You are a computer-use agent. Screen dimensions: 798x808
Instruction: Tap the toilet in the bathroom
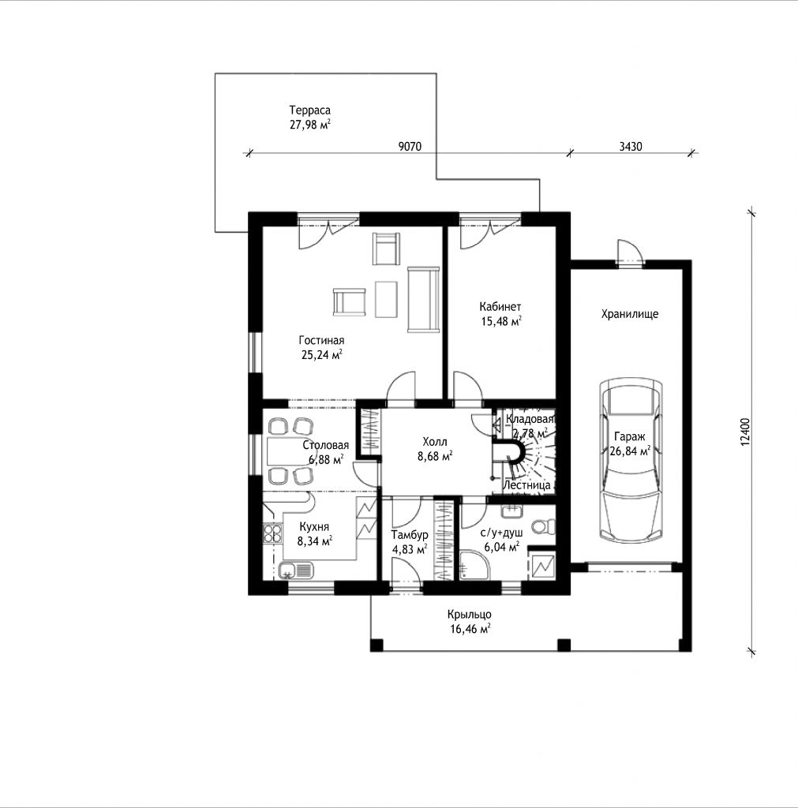tap(544, 526)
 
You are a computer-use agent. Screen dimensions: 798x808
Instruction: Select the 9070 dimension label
tap(410, 146)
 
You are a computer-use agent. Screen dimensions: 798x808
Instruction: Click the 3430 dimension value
tap(631, 146)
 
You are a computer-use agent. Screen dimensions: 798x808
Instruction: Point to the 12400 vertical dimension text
tap(746, 432)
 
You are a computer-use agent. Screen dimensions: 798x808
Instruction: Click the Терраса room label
tap(310, 110)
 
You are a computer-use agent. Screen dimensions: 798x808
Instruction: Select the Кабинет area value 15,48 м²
tap(501, 322)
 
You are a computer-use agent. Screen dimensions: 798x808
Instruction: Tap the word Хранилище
tap(629, 314)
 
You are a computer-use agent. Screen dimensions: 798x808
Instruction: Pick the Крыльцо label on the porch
tap(469, 614)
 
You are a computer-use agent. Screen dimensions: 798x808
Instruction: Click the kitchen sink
tap(297, 571)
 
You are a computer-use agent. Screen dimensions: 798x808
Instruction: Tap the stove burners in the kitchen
tap(272, 533)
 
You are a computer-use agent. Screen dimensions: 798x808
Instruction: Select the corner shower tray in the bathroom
tap(471, 565)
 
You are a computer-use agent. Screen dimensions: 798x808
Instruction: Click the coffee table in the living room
tap(386, 299)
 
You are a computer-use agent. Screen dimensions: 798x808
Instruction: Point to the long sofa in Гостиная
tap(423, 299)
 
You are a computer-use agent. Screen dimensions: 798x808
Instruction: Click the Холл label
tap(435, 442)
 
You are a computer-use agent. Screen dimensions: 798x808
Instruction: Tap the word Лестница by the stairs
tap(526, 485)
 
